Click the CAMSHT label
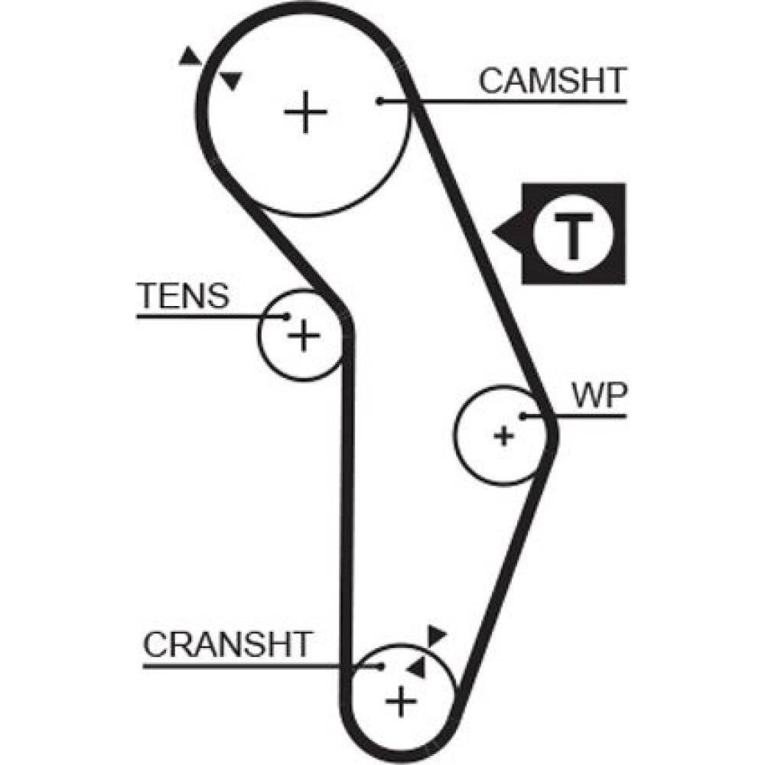(x=552, y=80)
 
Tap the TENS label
(x=183, y=295)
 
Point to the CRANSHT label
(x=228, y=644)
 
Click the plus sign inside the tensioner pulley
(x=304, y=334)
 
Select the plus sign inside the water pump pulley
(x=503, y=436)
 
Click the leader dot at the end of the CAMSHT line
(x=379, y=101)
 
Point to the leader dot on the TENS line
(x=286, y=316)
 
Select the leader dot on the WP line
(x=522, y=416)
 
